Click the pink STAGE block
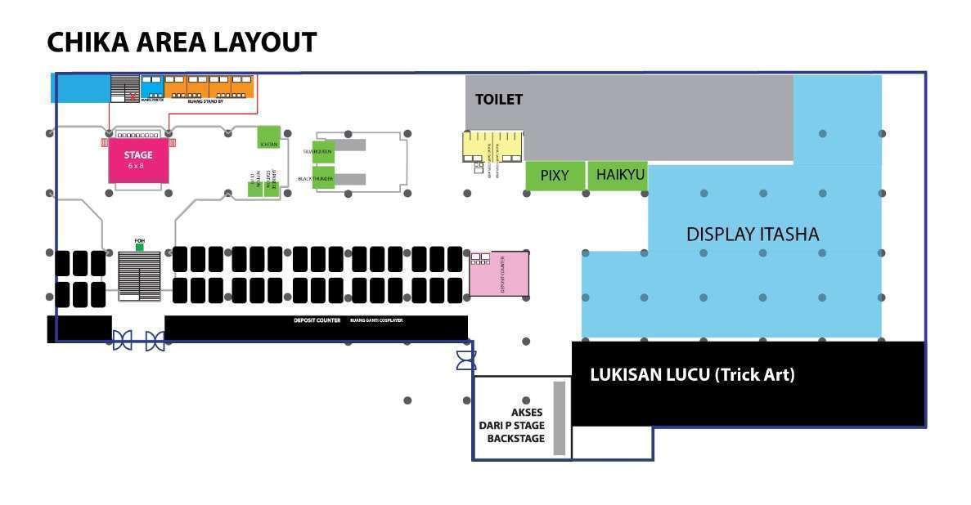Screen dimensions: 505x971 [138, 159]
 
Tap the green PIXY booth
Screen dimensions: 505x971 [555, 176]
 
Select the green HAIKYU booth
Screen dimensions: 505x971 [619, 176]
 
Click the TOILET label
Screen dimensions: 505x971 [499, 100]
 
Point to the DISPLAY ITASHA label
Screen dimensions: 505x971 [752, 235]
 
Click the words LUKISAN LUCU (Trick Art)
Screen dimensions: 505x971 [692, 375]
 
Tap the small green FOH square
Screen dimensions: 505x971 [139, 247]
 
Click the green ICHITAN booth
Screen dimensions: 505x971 [268, 137]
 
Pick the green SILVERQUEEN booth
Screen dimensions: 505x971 [323, 151]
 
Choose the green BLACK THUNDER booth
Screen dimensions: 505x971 [323, 177]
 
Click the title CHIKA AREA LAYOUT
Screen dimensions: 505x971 [182, 42]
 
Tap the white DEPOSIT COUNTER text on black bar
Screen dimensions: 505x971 [317, 320]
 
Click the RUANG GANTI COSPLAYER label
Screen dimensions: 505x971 [376, 320]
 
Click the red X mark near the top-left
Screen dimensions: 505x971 [132, 96]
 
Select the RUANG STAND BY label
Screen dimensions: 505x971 [205, 101]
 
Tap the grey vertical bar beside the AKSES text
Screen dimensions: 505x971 [560, 418]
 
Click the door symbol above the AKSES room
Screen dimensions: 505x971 [465, 360]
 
